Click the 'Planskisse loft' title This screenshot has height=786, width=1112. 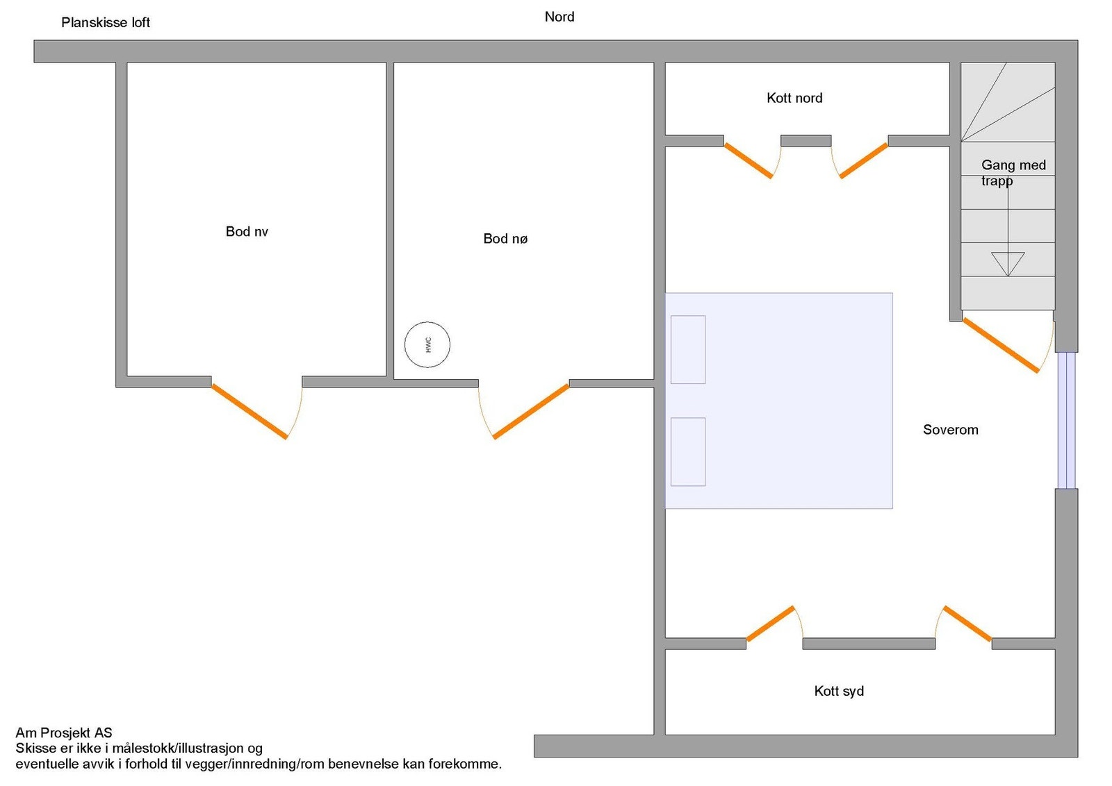pyautogui.click(x=106, y=22)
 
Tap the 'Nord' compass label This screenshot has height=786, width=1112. pyautogui.click(x=559, y=17)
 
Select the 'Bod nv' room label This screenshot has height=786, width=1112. pyautogui.click(x=247, y=231)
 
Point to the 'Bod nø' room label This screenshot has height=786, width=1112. pyautogui.click(x=505, y=239)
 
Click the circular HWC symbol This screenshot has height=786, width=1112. pyautogui.click(x=427, y=344)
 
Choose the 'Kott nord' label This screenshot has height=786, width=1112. pyautogui.click(x=794, y=98)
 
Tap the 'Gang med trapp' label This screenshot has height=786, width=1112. pyautogui.click(x=1013, y=172)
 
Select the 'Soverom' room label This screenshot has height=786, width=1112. pyautogui.click(x=950, y=430)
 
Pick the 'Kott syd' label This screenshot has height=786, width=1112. pyautogui.click(x=839, y=691)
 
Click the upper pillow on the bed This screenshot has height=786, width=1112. pyautogui.click(x=688, y=349)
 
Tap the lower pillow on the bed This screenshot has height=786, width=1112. pyautogui.click(x=688, y=451)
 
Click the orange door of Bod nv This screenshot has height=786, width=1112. pyautogui.click(x=250, y=411)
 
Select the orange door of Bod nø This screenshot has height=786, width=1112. pyautogui.click(x=531, y=411)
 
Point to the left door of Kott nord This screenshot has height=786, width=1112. pyautogui.click(x=749, y=160)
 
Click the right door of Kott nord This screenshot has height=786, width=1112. pyautogui.click(x=864, y=160)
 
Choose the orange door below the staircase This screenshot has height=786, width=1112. pyautogui.click(x=1001, y=345)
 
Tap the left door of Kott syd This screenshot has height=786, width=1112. pyautogui.click(x=770, y=624)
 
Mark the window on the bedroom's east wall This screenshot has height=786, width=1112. pyautogui.click(x=1066, y=420)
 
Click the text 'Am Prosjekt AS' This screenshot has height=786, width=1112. pyautogui.click(x=64, y=733)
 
